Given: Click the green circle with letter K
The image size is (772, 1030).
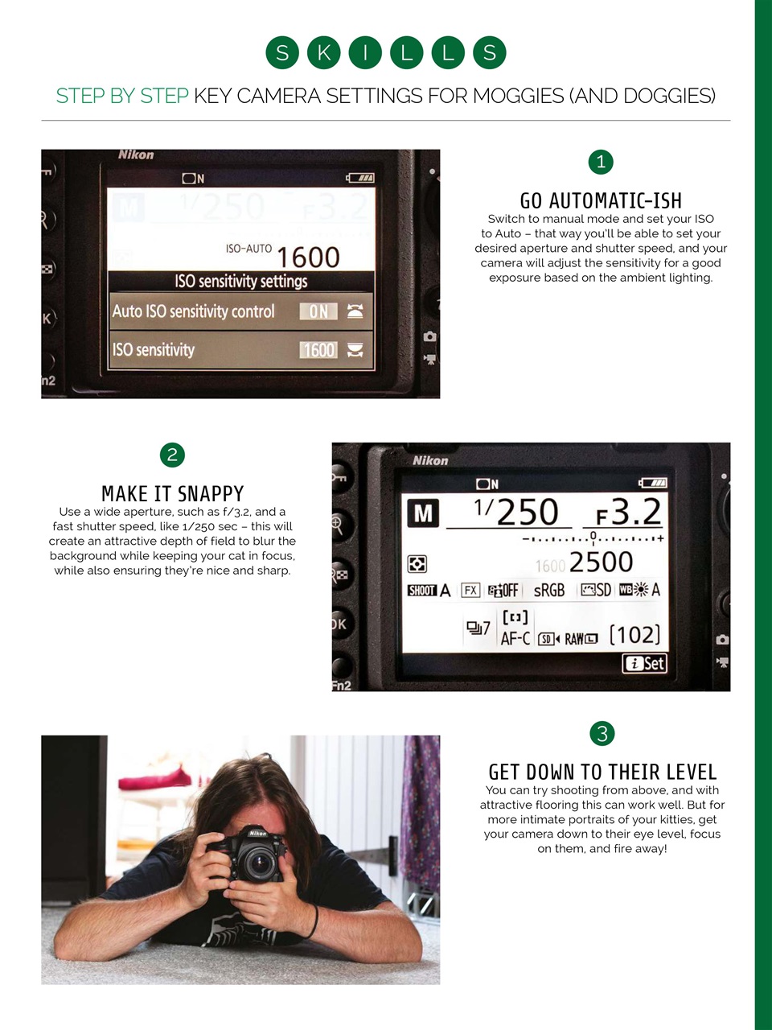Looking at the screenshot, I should pyautogui.click(x=324, y=53).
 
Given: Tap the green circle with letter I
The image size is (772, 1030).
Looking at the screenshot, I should pyautogui.click(x=365, y=53).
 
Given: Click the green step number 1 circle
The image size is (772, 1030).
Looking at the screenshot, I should pyautogui.click(x=601, y=162).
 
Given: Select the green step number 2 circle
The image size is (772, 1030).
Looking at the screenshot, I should pyautogui.click(x=172, y=455).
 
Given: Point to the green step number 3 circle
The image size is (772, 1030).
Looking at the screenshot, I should pyautogui.click(x=602, y=733).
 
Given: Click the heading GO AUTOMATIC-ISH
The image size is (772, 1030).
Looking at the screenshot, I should pyautogui.click(x=601, y=200).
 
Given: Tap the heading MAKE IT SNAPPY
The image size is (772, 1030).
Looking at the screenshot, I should pyautogui.click(x=172, y=493).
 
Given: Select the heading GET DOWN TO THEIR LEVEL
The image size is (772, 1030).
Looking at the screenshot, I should pyautogui.click(x=602, y=772).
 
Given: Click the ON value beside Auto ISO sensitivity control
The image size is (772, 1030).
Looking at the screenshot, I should pyautogui.click(x=318, y=311).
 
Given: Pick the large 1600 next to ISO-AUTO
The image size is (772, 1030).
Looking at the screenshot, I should pyautogui.click(x=308, y=257).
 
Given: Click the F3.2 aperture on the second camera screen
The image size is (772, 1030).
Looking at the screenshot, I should pyautogui.click(x=628, y=512).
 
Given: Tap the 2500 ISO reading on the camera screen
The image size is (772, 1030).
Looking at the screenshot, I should pyautogui.click(x=601, y=562).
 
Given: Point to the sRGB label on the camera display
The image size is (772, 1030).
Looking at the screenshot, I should pyautogui.click(x=549, y=590).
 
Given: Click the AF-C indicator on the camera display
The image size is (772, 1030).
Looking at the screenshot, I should pyautogui.click(x=515, y=638).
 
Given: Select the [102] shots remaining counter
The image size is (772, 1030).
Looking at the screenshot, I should pyautogui.click(x=634, y=635).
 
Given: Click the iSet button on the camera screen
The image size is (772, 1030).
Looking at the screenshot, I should pyautogui.click(x=645, y=663).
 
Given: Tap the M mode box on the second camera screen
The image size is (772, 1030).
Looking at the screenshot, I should pyautogui.click(x=423, y=513).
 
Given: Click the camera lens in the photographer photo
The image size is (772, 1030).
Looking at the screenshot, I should pyautogui.click(x=259, y=864).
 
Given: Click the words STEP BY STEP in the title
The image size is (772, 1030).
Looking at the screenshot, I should pyautogui.click(x=121, y=96).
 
